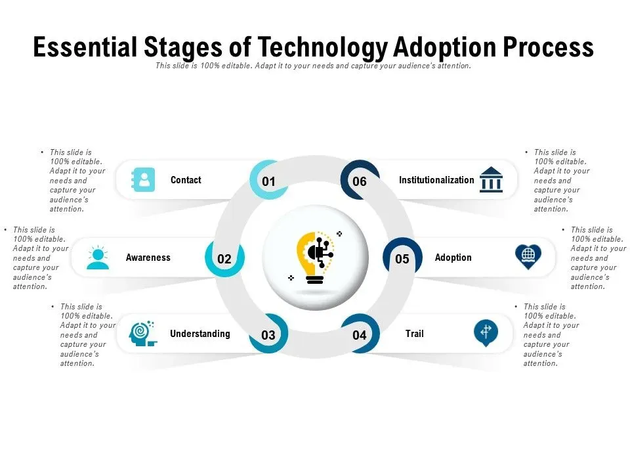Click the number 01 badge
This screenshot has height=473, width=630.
click(268, 181)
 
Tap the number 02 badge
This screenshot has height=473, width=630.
click(224, 259)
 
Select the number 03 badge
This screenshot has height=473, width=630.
click(268, 334)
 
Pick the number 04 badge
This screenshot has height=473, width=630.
click(360, 334)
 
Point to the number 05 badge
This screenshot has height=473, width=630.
click(402, 259)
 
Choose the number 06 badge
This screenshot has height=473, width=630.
click(360, 181)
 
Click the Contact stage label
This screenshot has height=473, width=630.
click(186, 180)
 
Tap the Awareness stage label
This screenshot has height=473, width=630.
click(148, 258)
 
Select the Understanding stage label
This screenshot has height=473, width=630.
click(199, 334)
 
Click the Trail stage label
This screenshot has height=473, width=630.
click(414, 334)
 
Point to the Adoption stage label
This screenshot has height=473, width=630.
click(453, 258)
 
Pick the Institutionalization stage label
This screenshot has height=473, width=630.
click(436, 180)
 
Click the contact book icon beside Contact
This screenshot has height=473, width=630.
click(143, 179)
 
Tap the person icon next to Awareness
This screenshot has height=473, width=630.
click(98, 257)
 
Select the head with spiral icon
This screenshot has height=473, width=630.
click(142, 334)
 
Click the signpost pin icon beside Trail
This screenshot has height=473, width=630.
click(486, 333)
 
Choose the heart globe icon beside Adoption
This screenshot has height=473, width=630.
click(528, 257)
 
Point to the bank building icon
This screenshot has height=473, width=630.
click(491, 179)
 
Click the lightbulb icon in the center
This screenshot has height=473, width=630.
click(315, 258)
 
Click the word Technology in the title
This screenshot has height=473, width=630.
click(322, 47)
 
